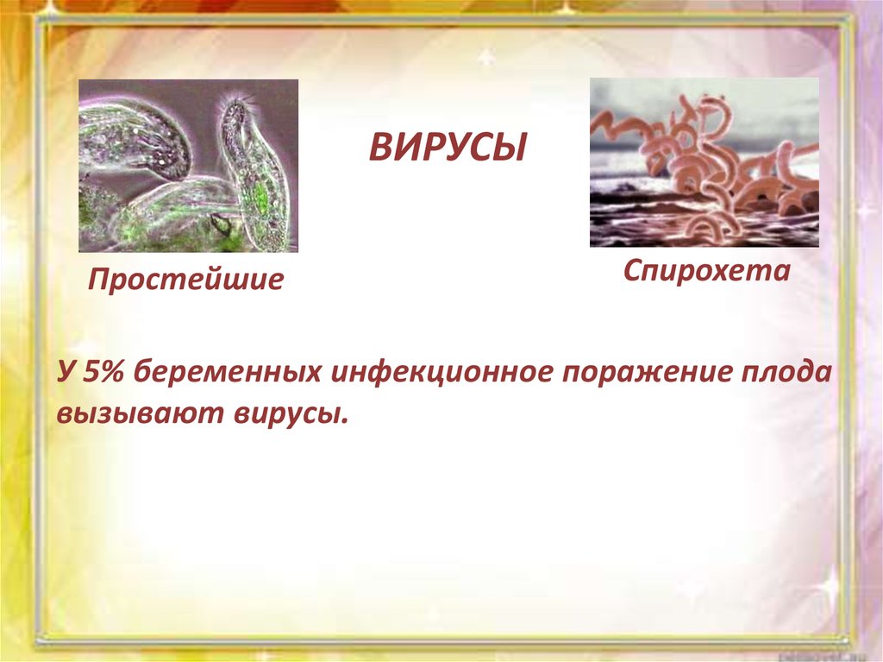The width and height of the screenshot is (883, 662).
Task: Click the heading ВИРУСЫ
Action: coord(448,148)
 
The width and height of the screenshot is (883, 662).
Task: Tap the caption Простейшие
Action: coord(186,279)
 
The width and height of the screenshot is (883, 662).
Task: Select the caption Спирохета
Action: coord(707,272)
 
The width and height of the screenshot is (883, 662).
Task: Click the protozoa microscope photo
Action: coord(188,166)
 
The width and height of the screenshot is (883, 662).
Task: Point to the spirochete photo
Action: coord(705,162)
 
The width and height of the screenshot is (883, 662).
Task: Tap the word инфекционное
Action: coord(441,373)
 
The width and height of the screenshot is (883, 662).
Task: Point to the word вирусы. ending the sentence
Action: coord(288,414)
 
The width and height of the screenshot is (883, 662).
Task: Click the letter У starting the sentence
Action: coord(66,372)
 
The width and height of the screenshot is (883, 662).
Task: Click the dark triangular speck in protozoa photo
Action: coord(222,226)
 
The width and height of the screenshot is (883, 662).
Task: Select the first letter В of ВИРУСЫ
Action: coord(380,148)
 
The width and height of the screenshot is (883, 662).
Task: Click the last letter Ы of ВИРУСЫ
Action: coord(511,148)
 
